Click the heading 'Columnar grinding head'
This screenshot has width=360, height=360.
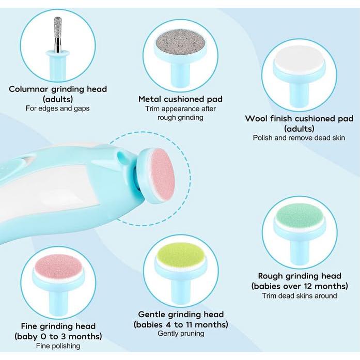[x=58, y=89]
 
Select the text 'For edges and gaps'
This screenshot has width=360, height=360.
[x=58, y=108]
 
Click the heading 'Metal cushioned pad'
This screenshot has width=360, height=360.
[x=180, y=99]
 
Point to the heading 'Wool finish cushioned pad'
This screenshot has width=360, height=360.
[x=299, y=118]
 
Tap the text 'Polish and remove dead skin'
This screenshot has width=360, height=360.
[x=299, y=138]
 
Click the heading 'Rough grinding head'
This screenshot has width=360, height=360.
[x=300, y=276]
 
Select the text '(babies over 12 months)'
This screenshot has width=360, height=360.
[x=300, y=286]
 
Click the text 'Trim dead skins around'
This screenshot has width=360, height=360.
[x=300, y=295]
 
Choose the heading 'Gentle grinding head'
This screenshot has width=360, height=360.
[x=181, y=314]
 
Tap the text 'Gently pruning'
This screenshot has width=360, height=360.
[x=181, y=333]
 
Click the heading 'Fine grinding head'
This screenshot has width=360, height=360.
[x=58, y=326]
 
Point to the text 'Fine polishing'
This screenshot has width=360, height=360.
[x=58, y=346]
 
